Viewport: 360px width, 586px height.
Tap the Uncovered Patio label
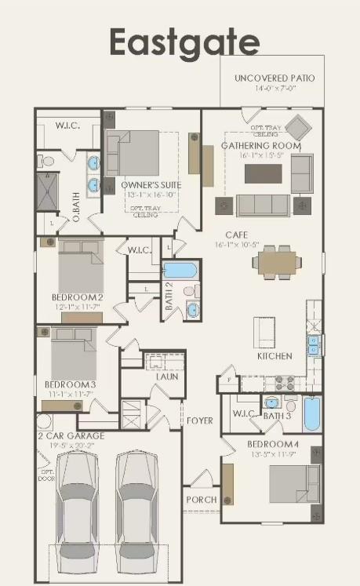pos(274,78)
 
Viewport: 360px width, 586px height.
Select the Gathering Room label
pos(260,146)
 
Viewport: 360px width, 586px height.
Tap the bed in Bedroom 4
pos(294,483)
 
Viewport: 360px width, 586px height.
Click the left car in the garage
pos(77,510)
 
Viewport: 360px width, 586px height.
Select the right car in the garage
pos(137,510)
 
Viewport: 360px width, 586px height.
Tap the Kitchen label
pos(275,356)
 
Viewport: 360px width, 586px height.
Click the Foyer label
pos(199,421)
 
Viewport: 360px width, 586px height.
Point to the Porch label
pos(201,500)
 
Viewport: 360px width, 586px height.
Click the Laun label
pos(166,377)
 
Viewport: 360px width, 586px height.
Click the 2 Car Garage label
pos(71,435)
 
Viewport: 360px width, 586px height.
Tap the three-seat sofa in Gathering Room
pos(262,206)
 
